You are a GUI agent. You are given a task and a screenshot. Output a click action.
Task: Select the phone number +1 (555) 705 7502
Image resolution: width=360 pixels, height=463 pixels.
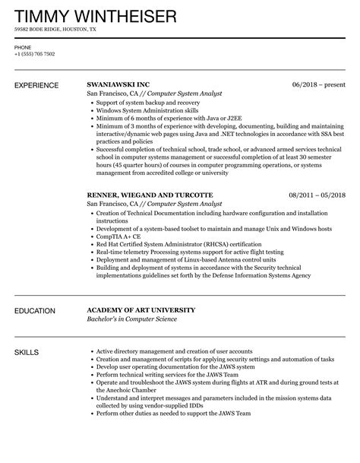coord(36,54)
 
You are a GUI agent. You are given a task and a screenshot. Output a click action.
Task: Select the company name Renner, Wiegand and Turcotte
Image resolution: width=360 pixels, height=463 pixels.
coord(150,195)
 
